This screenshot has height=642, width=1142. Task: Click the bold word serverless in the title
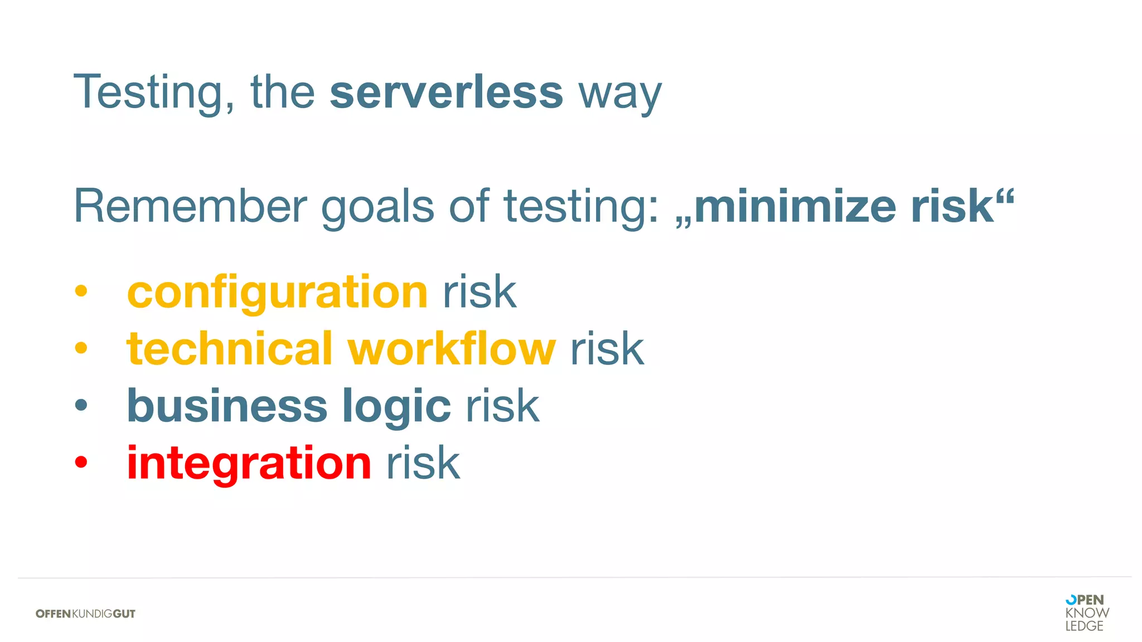tap(446, 93)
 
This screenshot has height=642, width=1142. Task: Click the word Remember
tap(190, 206)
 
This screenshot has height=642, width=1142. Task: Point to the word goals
tap(378, 208)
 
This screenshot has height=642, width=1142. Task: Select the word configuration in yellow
tap(277, 293)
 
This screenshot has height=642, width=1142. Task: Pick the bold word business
tap(227, 406)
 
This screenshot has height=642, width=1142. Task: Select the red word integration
tap(249, 464)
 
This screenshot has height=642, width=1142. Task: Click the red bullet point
tap(81, 462)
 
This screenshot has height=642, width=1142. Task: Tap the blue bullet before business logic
tap(81, 405)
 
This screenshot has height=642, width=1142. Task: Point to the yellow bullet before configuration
tap(81, 290)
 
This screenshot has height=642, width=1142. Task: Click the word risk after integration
tap(423, 463)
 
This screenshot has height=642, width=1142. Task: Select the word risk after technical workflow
tap(607, 349)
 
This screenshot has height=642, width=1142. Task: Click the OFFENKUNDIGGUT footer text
tap(85, 614)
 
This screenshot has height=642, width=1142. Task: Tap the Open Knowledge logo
tap(1087, 613)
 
